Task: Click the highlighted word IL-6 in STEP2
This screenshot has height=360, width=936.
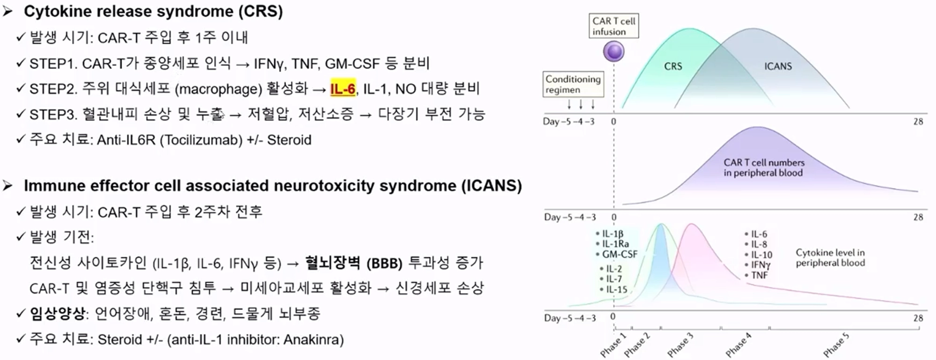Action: coord(343,88)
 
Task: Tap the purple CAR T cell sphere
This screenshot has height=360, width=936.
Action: coord(614,51)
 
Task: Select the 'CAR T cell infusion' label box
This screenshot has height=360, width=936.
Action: coord(614,26)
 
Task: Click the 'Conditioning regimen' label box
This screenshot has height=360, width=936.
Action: coord(573,84)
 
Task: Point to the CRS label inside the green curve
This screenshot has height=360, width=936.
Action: coord(673,66)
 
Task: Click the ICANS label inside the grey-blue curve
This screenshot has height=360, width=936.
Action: coord(778,66)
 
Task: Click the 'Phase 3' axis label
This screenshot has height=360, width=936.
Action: coord(680,345)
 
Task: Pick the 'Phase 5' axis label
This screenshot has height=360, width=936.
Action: coord(836,345)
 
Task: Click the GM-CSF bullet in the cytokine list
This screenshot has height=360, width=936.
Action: coord(619,254)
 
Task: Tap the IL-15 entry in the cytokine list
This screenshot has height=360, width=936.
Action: coord(616,289)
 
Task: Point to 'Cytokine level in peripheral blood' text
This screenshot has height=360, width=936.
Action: coord(830,257)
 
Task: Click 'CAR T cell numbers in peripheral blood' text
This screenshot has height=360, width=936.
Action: coord(764,168)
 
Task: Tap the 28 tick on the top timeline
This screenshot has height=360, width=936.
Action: coord(918,122)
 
